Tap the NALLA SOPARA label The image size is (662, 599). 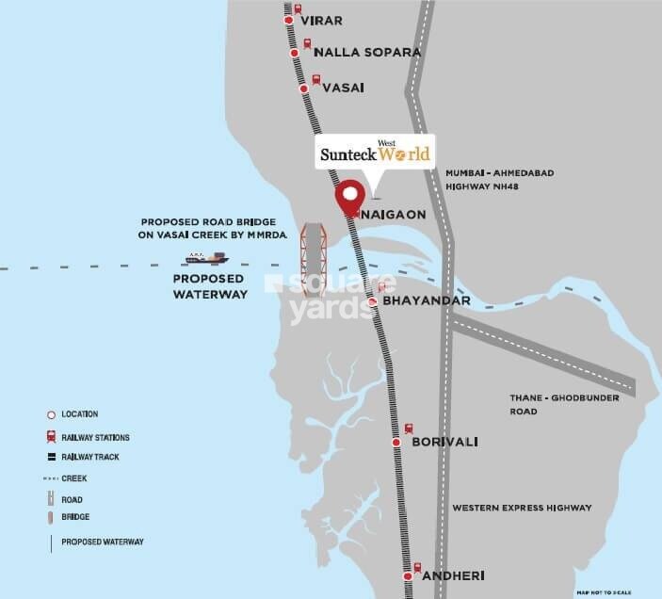click(367, 52)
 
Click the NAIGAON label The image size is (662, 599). click(396, 214)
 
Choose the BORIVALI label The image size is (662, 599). click(447, 441)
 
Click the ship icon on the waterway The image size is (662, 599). click(206, 257)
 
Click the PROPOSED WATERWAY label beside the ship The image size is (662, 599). click(209, 286)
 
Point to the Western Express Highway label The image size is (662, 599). click(522, 508)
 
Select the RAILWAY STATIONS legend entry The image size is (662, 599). click(95, 438)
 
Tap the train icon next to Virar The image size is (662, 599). click(299, 11)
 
